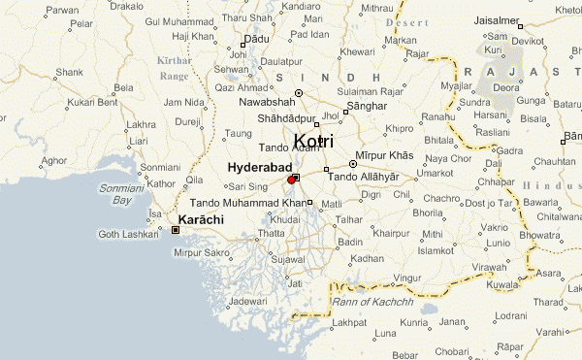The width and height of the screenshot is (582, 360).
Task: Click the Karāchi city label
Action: pyautogui.click(x=202, y=220)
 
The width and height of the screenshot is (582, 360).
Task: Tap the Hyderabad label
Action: pyautogui.click(x=259, y=168)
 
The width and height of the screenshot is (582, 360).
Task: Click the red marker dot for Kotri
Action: pyautogui.click(x=292, y=180)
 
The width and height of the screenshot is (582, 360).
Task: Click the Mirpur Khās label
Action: pyautogui.click(x=387, y=156)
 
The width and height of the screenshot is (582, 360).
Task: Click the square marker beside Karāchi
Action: pyautogui.click(x=175, y=230)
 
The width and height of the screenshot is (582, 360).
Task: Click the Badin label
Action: pyautogui.click(x=350, y=242)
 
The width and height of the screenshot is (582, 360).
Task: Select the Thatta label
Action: pyautogui.click(x=272, y=233)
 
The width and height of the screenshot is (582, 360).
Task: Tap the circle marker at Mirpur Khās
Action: pyautogui.click(x=353, y=164)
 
